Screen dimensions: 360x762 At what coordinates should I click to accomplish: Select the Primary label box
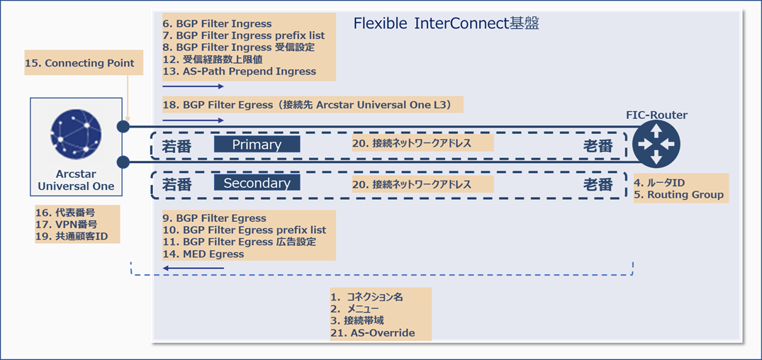(257, 145)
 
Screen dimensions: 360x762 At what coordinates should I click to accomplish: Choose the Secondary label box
(257, 183)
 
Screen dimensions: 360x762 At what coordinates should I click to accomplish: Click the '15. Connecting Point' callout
(79, 63)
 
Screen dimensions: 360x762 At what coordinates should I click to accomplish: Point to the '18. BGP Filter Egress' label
(313, 104)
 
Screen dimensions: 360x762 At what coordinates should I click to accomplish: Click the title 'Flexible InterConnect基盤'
(447, 24)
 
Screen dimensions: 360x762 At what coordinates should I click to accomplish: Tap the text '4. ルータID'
(659, 182)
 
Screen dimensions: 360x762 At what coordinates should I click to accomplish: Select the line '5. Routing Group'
(679, 195)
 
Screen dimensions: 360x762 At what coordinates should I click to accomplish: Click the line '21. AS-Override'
(373, 332)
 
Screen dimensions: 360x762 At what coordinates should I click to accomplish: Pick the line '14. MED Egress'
(203, 254)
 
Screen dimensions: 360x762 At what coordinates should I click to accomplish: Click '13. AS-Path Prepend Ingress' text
(239, 72)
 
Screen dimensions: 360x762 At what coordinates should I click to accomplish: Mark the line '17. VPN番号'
(66, 224)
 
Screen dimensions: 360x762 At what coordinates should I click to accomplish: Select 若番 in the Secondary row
(177, 184)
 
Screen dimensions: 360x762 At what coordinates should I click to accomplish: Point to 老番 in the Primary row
(598, 146)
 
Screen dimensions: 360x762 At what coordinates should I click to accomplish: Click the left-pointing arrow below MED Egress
(193, 268)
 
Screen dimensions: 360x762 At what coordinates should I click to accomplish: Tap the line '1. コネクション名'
(367, 296)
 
